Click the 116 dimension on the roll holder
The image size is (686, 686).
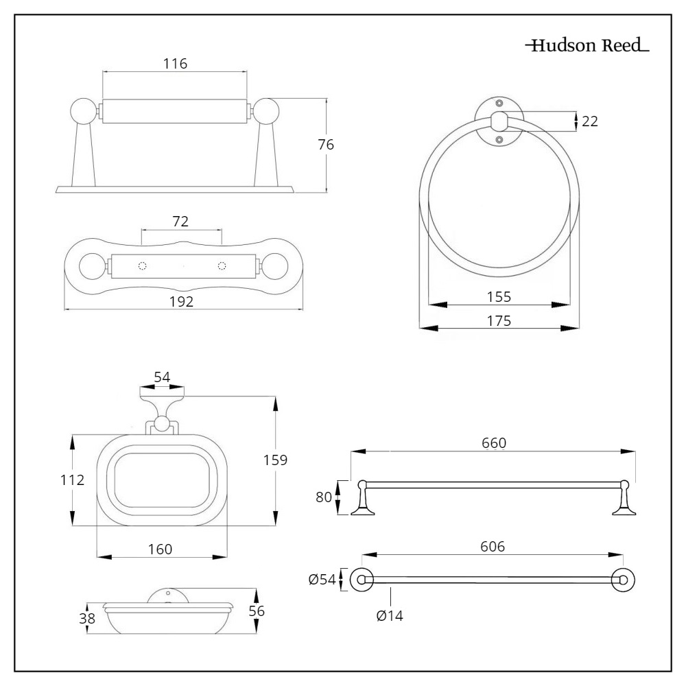(x=175, y=64)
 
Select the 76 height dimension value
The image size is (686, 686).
(x=326, y=145)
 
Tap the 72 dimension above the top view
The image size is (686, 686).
(x=181, y=221)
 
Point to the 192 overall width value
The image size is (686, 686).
(x=182, y=301)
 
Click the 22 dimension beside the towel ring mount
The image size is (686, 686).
(x=589, y=121)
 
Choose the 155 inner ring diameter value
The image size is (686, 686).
(x=499, y=297)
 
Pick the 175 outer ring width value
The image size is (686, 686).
(x=499, y=320)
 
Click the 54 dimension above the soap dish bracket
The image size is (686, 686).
(x=162, y=378)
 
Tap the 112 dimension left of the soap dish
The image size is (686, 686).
(x=71, y=480)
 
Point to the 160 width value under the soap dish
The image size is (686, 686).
(x=160, y=549)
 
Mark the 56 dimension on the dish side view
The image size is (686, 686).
(x=257, y=610)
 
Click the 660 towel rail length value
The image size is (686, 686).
(x=493, y=443)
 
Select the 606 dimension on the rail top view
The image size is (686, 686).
(x=493, y=547)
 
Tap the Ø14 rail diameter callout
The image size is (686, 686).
(x=390, y=615)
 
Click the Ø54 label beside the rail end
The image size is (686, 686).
(x=322, y=580)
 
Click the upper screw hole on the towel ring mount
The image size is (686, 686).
(x=499, y=102)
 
